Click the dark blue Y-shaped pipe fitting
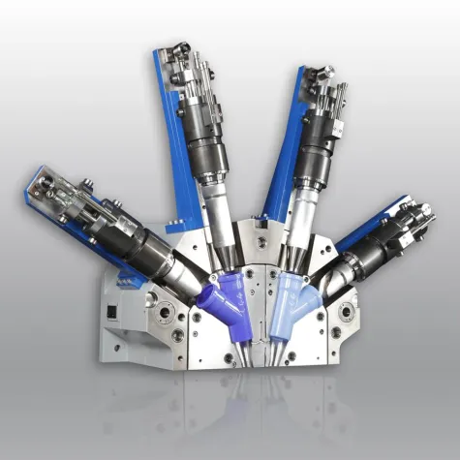point(224,298)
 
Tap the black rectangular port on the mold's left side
point(112,313)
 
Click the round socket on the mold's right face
point(346,313)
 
